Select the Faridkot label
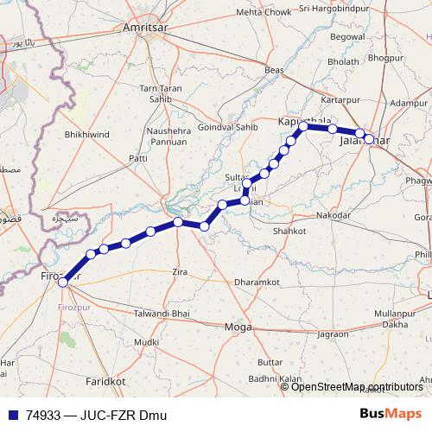point(105,380)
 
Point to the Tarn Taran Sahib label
point(161,93)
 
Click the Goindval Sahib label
point(228,126)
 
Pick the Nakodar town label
point(334,214)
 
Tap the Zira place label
point(180,272)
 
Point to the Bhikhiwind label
point(86,136)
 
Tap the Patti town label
point(138,158)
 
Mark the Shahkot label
point(289,232)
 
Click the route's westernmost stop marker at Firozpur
point(62,282)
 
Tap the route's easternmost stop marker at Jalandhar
point(369,138)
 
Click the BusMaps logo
point(391,414)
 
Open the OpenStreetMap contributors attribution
point(357,386)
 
